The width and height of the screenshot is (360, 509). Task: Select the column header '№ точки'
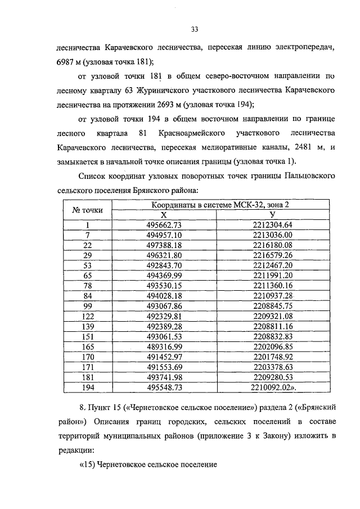88,210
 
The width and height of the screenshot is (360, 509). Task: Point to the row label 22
87,245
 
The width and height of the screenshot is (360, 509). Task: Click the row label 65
87,274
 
